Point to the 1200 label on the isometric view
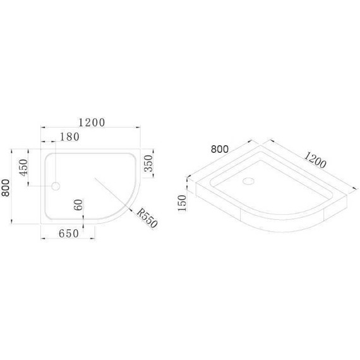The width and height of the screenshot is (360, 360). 315,160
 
